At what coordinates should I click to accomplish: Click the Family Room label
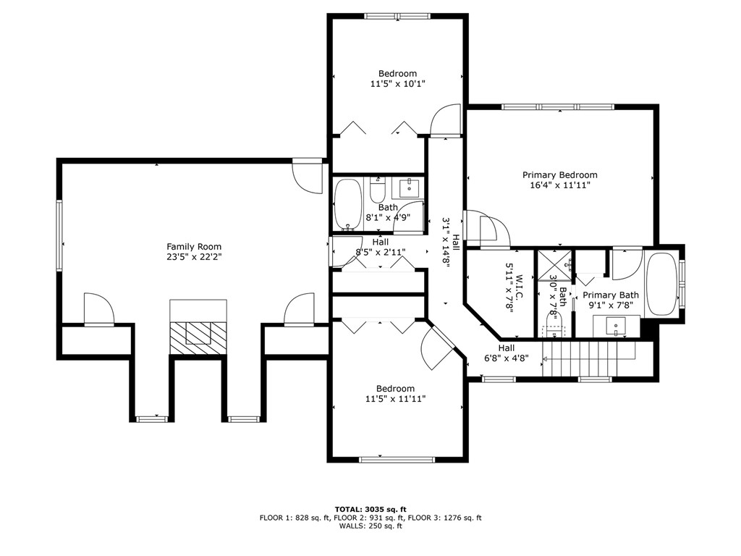[194, 246]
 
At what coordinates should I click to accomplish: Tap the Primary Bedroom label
[559, 175]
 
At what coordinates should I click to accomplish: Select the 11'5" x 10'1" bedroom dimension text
[397, 84]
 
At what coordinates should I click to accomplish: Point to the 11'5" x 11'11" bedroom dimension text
[395, 399]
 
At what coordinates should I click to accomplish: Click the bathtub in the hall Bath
[348, 205]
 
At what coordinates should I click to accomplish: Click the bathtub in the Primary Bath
[661, 285]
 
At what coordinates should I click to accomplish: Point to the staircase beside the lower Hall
[589, 359]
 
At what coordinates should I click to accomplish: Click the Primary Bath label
[611, 295]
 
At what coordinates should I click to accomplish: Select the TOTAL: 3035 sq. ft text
[370, 509]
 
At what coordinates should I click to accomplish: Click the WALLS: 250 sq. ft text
[370, 526]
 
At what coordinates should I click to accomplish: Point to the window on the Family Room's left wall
[59, 235]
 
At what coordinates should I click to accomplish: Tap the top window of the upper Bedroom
[397, 16]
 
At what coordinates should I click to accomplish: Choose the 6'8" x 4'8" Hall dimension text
[506, 358]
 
